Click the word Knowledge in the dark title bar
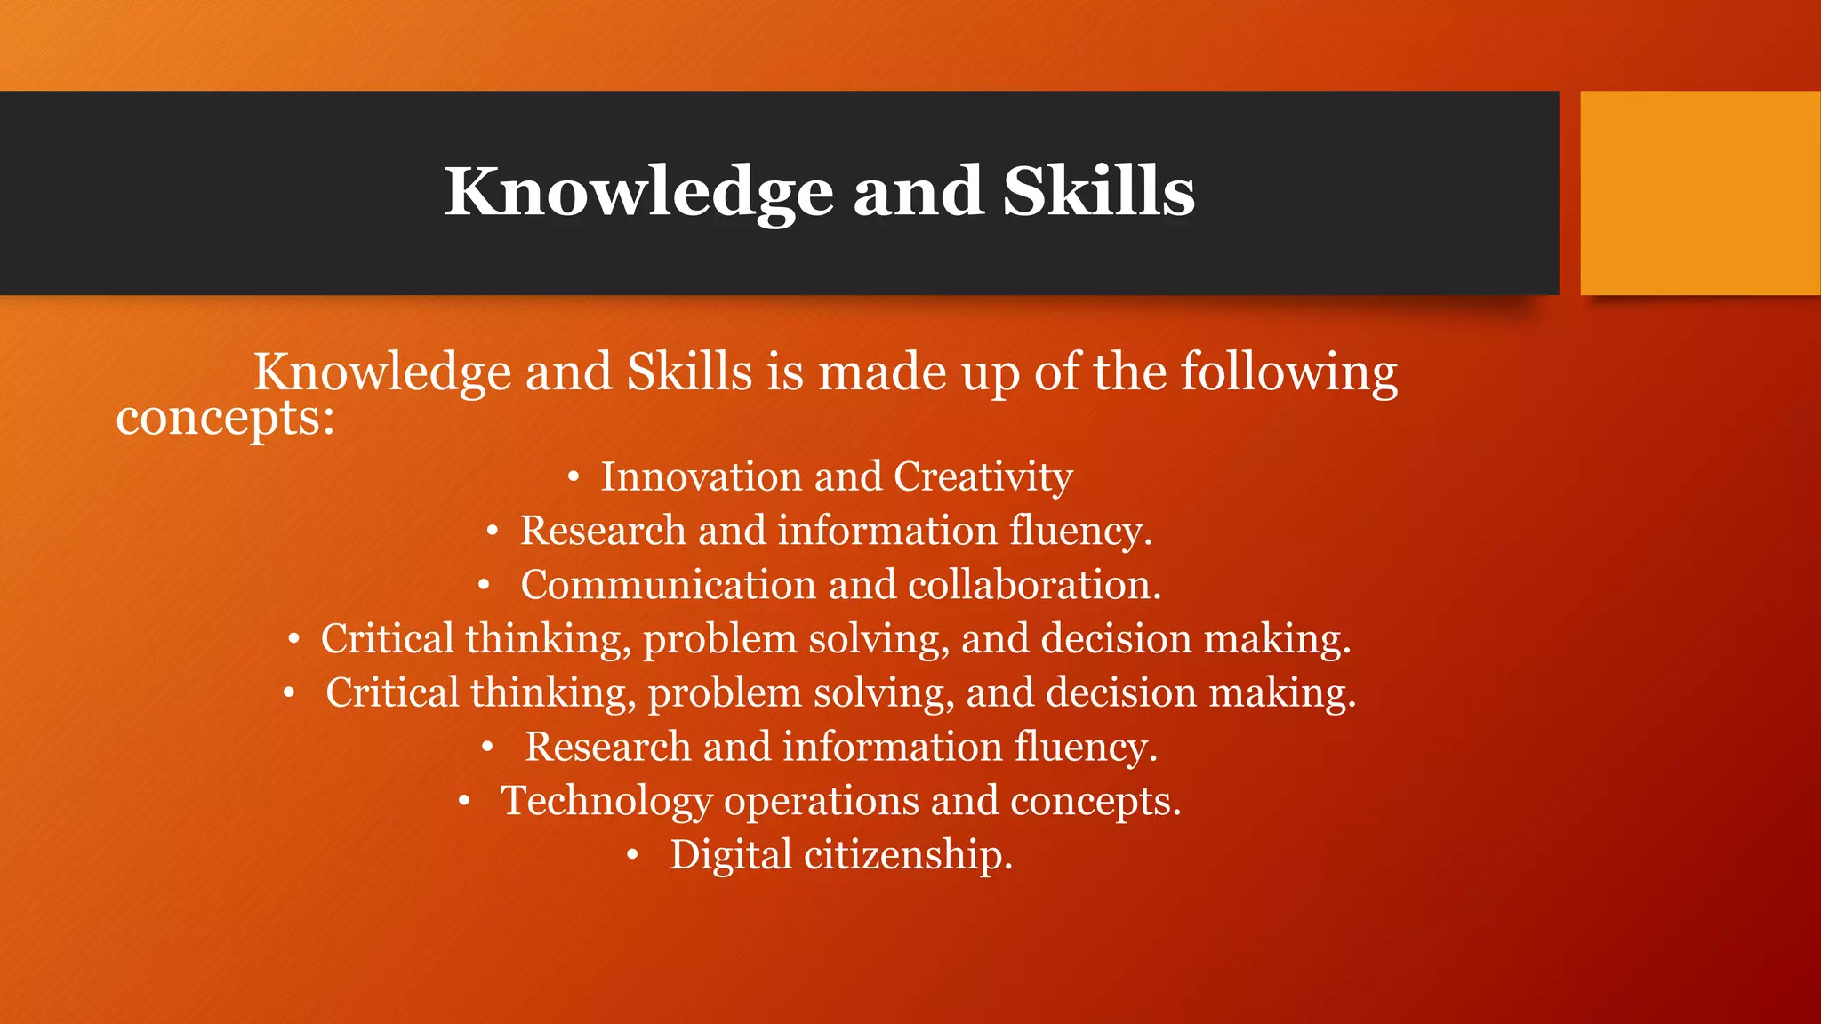[638, 192]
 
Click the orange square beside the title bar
[1700, 193]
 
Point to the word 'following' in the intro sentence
[1288, 373]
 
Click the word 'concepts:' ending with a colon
[225, 418]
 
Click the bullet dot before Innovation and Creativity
[574, 478]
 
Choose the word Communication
[668, 585]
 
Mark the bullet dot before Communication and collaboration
[484, 586]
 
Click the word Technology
[606, 801]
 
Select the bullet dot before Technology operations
[464, 802]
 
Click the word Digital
[731, 855]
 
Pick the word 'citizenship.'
[909, 855]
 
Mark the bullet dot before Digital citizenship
[632, 856]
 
